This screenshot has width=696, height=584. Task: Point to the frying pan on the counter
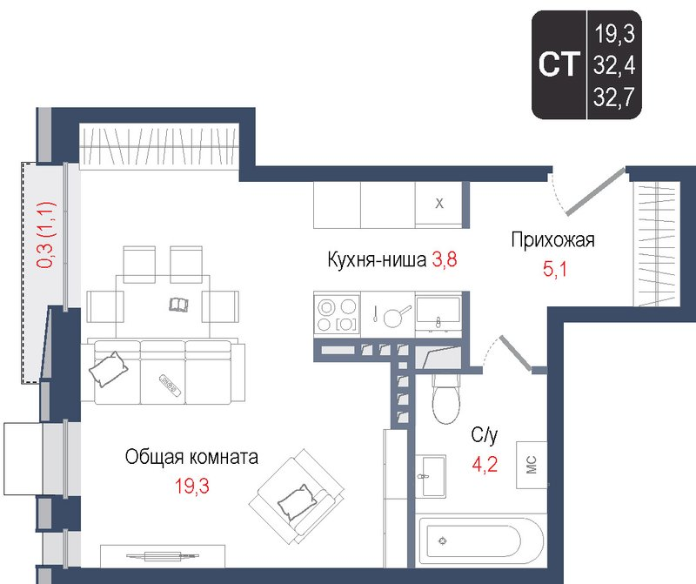392,315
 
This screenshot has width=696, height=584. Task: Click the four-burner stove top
337,315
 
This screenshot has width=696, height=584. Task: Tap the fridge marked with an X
439,205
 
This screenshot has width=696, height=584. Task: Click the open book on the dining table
177,304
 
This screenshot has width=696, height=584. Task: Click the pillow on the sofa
109,370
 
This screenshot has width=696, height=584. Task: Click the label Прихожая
552,241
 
